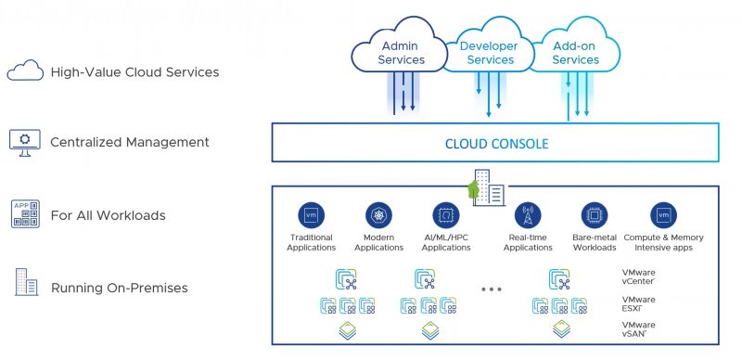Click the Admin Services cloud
pos(401,52)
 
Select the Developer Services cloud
pos(490,52)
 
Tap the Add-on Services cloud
pos(575,52)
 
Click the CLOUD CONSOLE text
pos(497,144)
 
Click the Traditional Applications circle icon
pos(311,215)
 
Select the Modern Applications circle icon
pos(378,215)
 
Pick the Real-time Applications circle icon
pos(527,215)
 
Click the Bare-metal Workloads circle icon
pos(595,215)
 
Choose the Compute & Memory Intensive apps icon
pos(663,215)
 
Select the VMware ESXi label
pos(638,304)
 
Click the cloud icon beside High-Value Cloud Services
pos(23,71)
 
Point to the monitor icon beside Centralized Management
pos(23,142)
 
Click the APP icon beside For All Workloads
pos(23,214)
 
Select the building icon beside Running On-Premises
pos(23,285)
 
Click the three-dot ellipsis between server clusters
pos(492,289)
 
